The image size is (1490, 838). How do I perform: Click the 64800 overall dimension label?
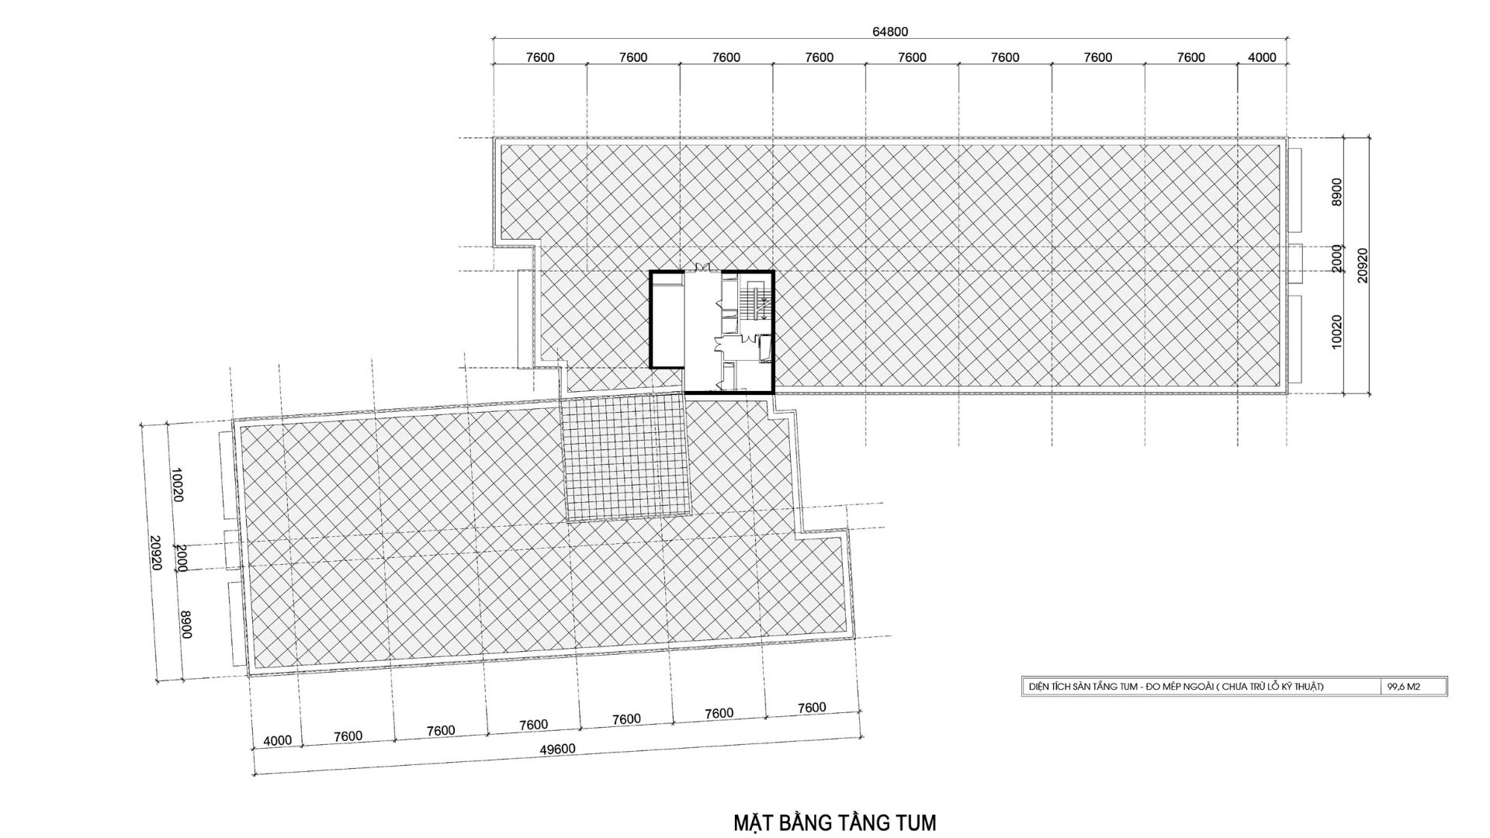890,32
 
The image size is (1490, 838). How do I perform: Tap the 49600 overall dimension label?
556,749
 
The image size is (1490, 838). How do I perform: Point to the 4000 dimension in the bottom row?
277,740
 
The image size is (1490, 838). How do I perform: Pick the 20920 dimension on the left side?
156,553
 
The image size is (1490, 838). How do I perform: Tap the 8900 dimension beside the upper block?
1336,192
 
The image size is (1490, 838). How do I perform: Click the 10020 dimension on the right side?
1336,332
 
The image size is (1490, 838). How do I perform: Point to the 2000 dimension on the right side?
1336,258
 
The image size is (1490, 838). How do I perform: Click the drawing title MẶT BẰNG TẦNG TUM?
835,822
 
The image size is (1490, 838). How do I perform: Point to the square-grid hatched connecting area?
626,458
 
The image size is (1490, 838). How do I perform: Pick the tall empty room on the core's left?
667,319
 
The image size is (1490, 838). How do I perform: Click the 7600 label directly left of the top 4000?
1191,57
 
